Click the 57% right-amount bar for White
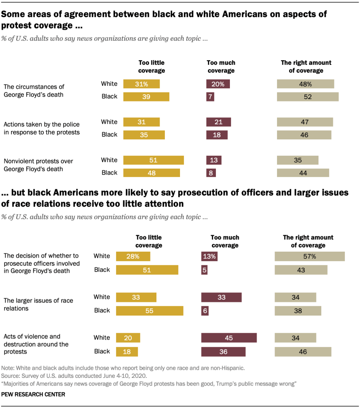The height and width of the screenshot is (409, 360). (309, 256)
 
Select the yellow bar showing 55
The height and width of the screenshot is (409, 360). (149, 311)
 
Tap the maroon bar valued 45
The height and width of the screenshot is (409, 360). (229, 338)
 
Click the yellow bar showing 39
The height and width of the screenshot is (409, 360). (146, 97)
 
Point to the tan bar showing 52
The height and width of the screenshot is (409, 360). (308, 97)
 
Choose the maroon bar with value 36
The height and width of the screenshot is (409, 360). (223, 351)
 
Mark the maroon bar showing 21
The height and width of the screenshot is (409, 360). (218, 122)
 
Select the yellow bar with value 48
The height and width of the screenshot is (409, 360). (151, 173)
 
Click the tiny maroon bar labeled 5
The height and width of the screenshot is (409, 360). (204, 270)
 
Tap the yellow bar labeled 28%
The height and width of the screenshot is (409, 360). (133, 256)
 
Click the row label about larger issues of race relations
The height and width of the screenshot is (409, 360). (38, 304)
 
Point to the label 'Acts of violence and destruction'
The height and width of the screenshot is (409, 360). (36, 344)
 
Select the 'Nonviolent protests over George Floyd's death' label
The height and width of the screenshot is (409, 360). (38, 165)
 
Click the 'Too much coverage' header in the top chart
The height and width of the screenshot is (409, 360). (221, 67)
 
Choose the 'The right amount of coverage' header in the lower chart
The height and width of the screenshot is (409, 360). (308, 241)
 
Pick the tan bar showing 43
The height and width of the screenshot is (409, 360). (301, 270)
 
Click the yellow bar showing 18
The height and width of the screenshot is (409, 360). (127, 351)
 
